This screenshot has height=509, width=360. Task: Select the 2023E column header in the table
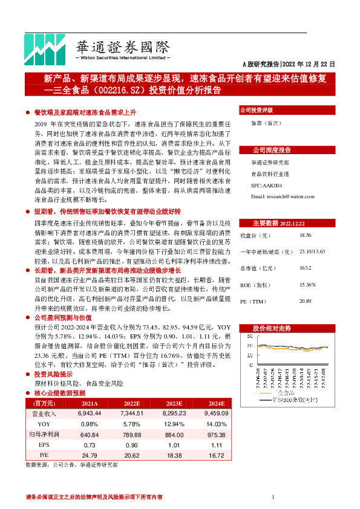173,403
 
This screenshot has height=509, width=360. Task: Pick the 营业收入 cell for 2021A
89,413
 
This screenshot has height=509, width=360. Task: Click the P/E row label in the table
44,454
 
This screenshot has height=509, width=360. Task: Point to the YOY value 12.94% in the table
173,423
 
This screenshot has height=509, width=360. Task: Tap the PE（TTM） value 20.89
306,300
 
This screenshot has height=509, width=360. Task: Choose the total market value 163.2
305,267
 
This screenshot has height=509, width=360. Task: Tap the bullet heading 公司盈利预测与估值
63,317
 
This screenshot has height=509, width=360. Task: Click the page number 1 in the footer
273,497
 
